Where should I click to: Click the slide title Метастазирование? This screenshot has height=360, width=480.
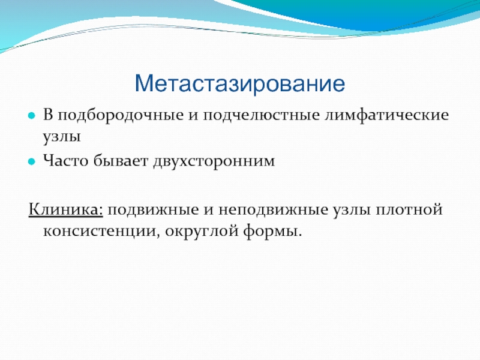point(239,83)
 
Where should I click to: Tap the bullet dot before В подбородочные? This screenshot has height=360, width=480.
point(32,116)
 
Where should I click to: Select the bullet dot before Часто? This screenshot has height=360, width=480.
point(32,161)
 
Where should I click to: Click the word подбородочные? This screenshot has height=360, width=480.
point(121,116)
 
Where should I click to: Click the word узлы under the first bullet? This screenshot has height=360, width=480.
point(62,137)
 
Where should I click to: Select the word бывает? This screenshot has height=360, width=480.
point(121,160)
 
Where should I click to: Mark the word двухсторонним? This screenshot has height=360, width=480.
point(214,161)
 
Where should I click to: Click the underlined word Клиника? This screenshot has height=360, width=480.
point(66,210)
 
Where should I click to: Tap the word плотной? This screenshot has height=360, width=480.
point(409,210)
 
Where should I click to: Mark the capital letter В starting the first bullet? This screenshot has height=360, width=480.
point(48,115)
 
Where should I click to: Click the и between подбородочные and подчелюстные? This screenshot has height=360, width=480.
point(193,116)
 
